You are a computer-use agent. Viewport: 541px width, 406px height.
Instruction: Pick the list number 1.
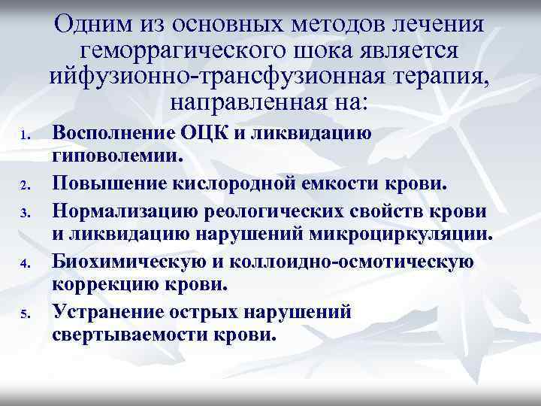coord(25,136)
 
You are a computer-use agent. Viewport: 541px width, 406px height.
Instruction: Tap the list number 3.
coord(25,214)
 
